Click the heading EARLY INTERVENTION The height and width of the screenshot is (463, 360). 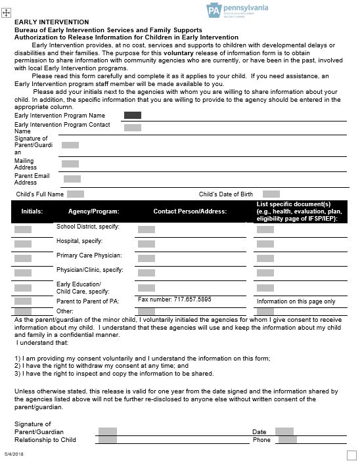click(43, 22)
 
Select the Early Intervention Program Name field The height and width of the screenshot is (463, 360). click(133, 116)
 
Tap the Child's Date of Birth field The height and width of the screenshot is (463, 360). click(271, 194)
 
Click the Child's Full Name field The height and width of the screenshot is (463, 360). click(76, 194)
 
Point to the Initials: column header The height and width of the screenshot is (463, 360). click(32, 211)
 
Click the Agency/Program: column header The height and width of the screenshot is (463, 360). click(93, 211)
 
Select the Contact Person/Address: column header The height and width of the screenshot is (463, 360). click(189, 211)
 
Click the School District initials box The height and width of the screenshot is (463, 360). click(23, 230)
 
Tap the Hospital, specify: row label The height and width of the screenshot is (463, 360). click(79, 241)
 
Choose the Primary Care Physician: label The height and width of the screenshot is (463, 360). click(89, 255)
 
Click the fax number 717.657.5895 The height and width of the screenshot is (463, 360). click(175, 299)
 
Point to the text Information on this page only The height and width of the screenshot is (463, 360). click(296, 301)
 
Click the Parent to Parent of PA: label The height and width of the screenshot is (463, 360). click(87, 301)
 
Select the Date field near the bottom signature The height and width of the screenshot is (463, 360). click(284, 431)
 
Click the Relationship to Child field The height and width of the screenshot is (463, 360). click(107, 440)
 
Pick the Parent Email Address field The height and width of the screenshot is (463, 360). click(72, 179)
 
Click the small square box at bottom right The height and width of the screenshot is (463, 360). click(351, 455)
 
